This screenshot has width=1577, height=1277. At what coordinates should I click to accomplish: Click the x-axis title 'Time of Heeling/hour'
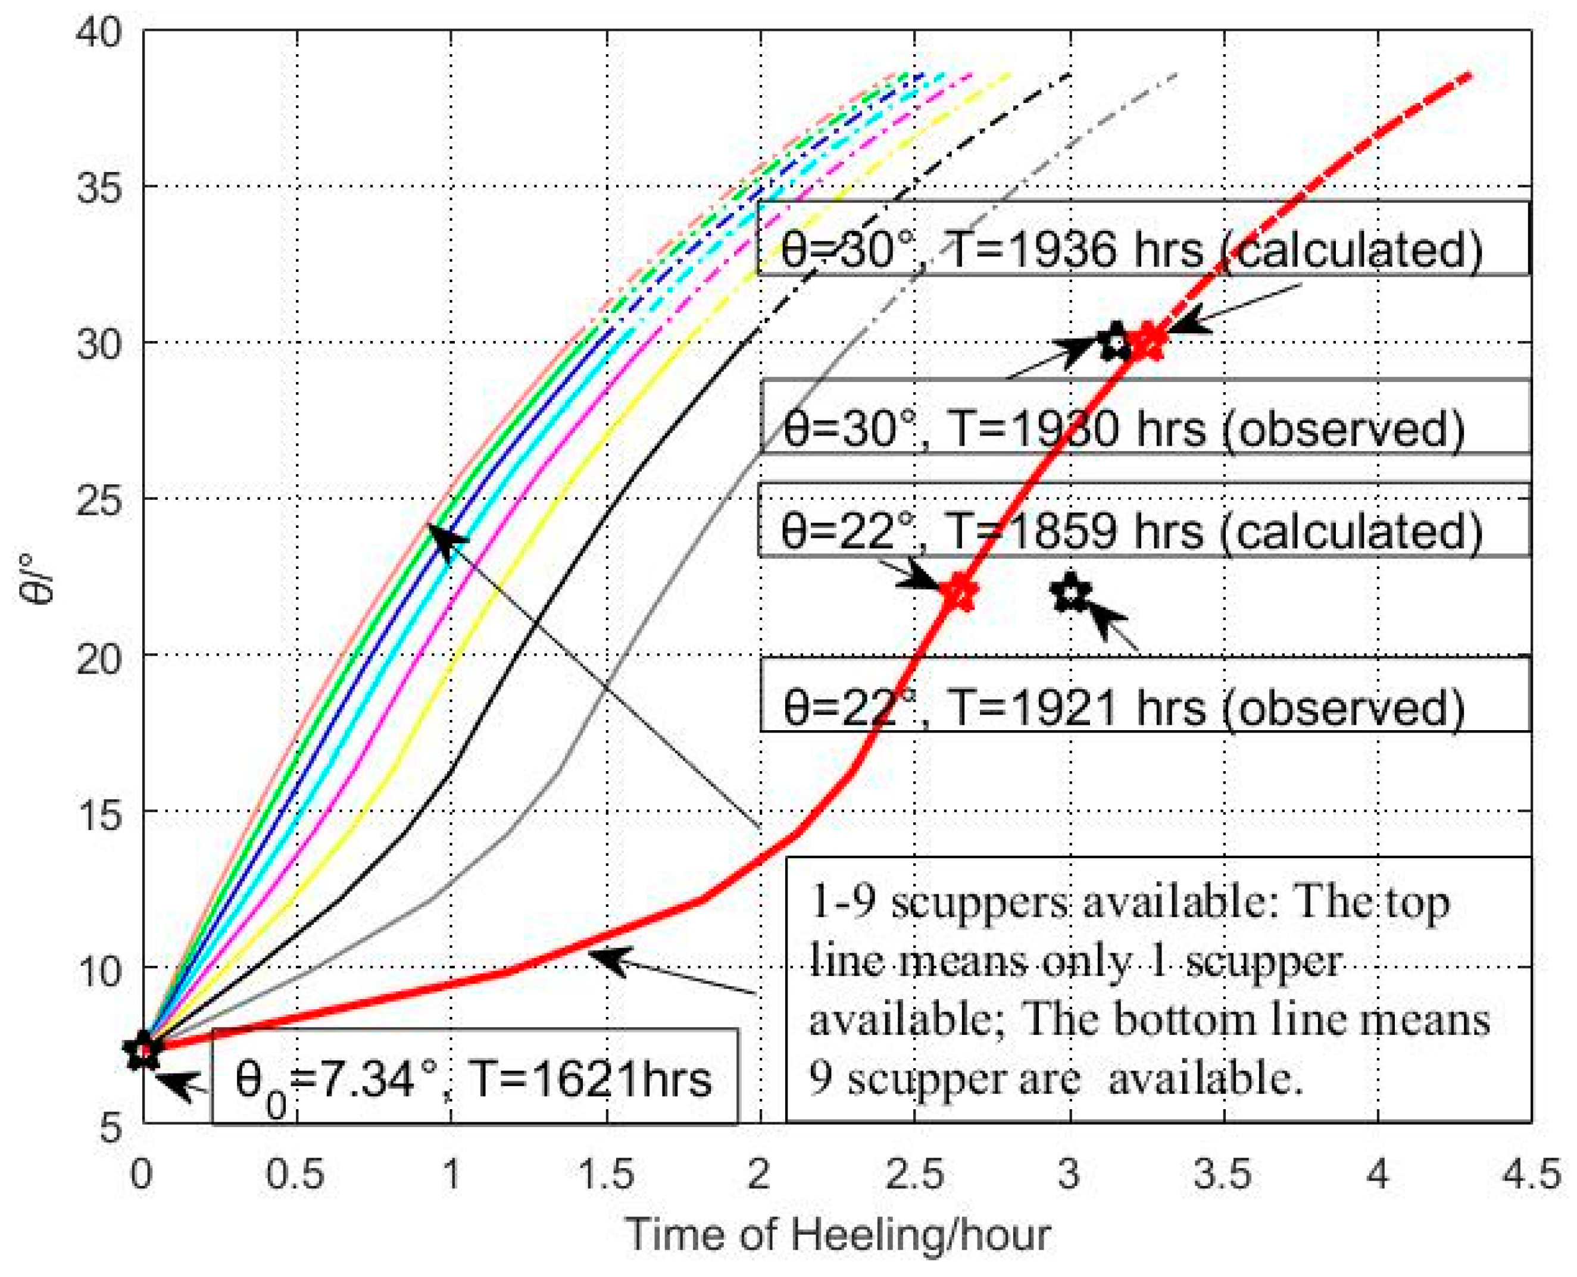pos(838,1234)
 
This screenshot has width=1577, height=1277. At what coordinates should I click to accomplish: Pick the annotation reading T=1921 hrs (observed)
pos(1123,707)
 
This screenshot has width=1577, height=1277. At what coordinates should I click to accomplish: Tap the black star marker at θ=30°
pos(1116,342)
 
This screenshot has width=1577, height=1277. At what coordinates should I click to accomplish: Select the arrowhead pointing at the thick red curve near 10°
pos(604,957)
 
